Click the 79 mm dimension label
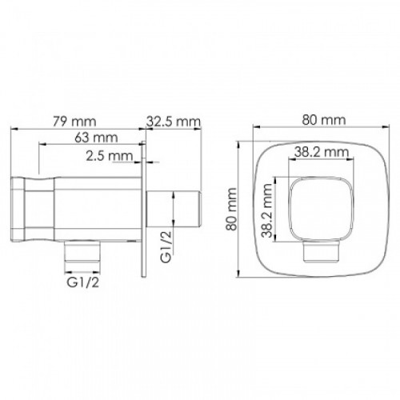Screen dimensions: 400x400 (x=74, y=122)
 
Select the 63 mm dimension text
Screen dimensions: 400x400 (x=96, y=138)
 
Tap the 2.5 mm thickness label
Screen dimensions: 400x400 (x=110, y=156)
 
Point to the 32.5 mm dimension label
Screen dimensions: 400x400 (x=174, y=122)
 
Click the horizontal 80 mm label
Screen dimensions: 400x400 (x=324, y=120)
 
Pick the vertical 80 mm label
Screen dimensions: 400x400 (x=231, y=210)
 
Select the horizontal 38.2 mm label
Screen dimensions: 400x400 (x=322, y=152)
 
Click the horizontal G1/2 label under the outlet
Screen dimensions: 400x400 (x=83, y=282)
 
